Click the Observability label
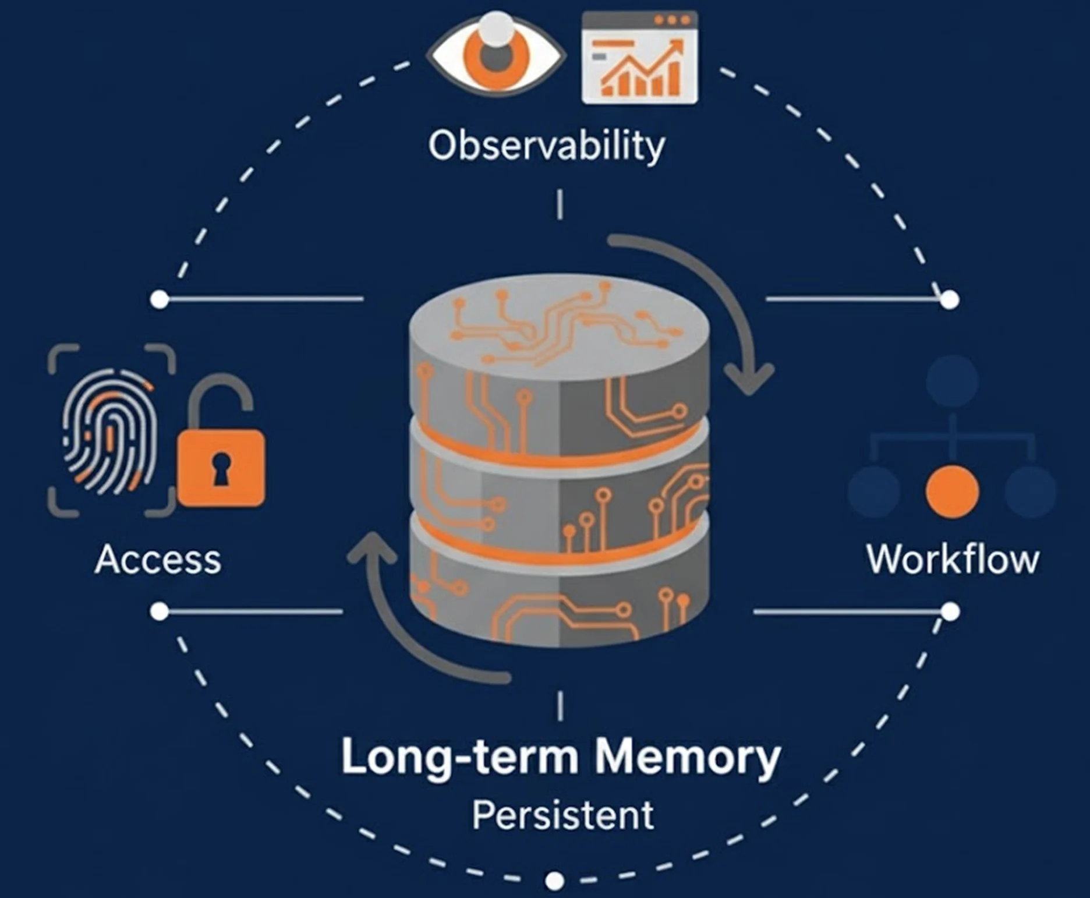pos(546,146)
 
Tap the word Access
pos(158,560)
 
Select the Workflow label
pos(953,560)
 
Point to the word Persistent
pos(562,815)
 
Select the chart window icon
pos(639,58)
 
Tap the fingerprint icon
pos(109,431)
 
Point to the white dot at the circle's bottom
pos(554,881)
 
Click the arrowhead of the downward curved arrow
pos(749,379)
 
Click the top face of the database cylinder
pos(559,326)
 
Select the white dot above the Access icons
pos(160,299)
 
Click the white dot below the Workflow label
pos(950,611)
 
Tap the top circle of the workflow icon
pos(952,381)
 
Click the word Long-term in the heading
pos(459,757)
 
